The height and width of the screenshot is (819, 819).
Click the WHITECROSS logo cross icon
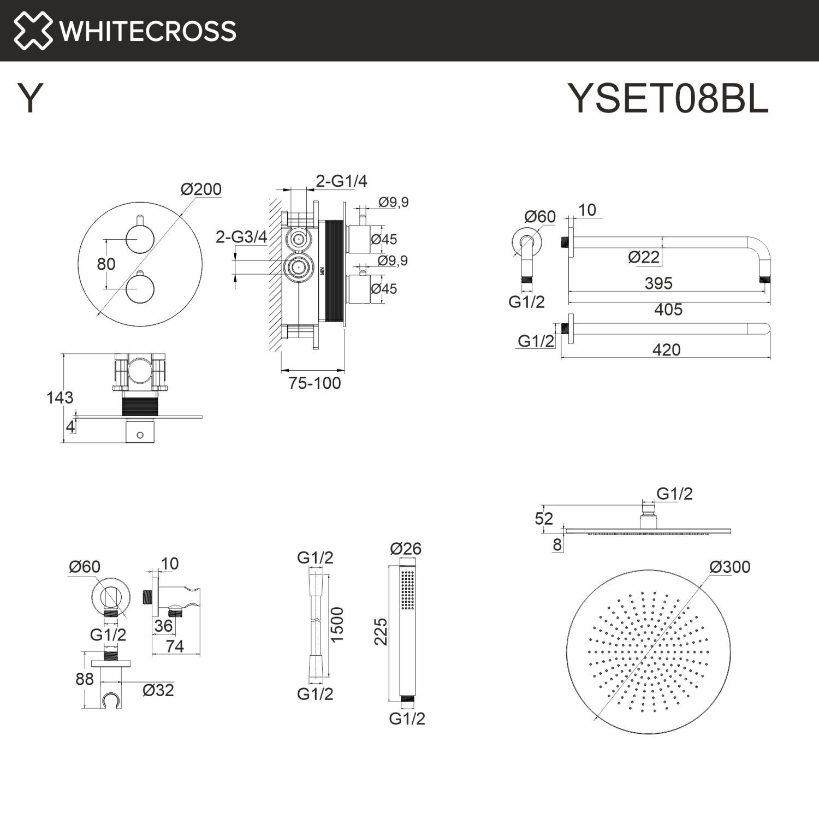[33, 31]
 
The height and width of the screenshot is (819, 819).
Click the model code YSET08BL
[667, 99]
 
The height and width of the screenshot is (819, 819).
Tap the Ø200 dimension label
[201, 189]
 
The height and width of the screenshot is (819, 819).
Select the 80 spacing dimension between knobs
[106, 264]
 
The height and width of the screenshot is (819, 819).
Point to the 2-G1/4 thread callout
[341, 181]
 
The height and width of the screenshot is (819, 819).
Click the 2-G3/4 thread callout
[241, 237]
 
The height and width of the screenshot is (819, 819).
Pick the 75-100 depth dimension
[314, 383]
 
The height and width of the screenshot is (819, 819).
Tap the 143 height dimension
[60, 397]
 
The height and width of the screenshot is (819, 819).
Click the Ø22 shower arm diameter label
[644, 257]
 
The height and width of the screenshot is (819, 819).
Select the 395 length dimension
[658, 283]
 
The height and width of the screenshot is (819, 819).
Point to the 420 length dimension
[666, 350]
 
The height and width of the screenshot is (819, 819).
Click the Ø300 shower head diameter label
[729, 567]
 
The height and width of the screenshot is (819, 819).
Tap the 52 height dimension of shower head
[544, 519]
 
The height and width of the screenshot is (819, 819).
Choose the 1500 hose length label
[337, 624]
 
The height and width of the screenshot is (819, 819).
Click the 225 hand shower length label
[381, 632]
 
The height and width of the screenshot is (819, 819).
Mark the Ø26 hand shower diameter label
[406, 549]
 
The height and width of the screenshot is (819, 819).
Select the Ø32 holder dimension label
[158, 690]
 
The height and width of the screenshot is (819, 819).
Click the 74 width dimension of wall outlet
[175, 646]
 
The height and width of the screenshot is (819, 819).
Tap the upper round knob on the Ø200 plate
[140, 239]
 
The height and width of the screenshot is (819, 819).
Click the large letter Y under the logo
[31, 99]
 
